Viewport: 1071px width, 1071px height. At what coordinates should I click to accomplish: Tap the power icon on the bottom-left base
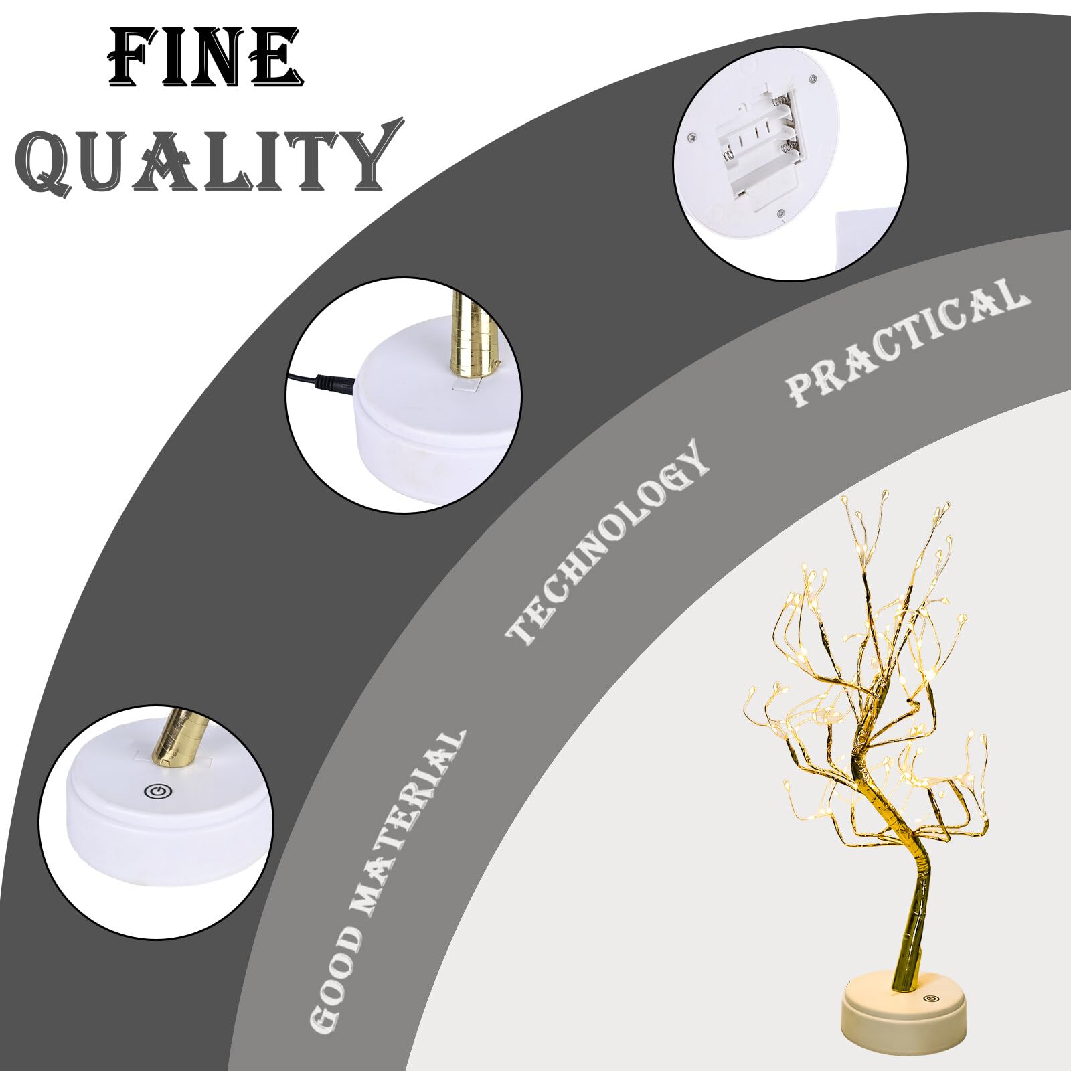tap(155, 792)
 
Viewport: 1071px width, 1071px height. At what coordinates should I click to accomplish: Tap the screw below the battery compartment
tap(782, 213)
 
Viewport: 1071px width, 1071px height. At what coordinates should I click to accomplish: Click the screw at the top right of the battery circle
tap(813, 79)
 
